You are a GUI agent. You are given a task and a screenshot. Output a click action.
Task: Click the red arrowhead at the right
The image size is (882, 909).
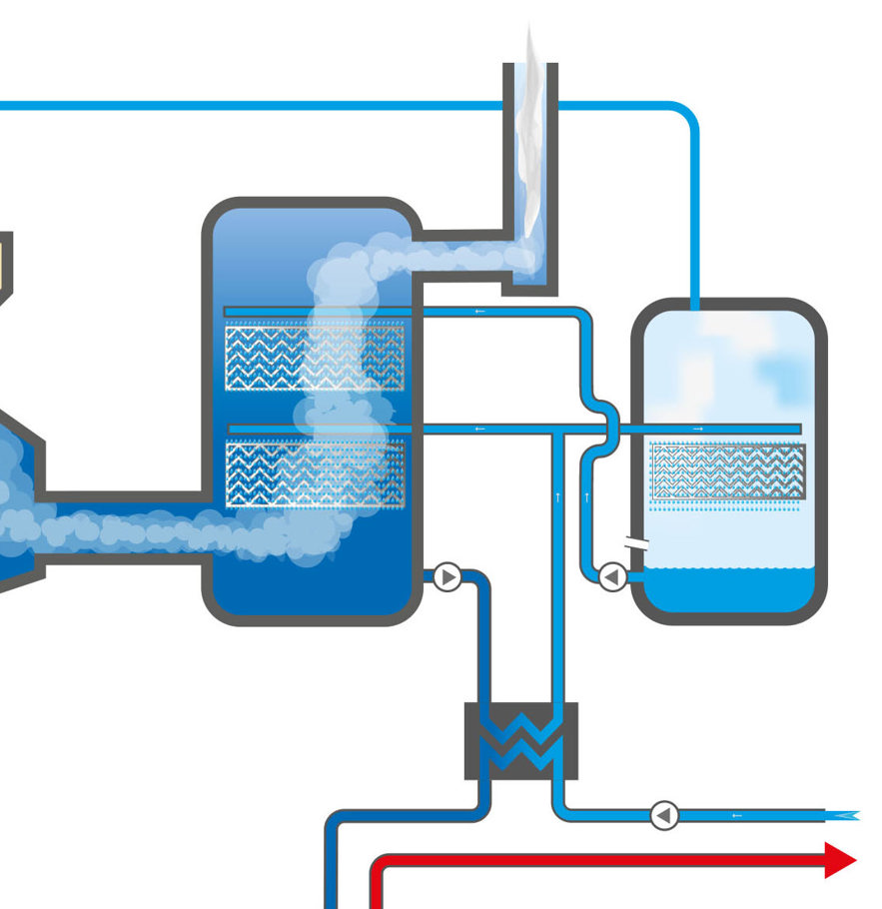[841, 859]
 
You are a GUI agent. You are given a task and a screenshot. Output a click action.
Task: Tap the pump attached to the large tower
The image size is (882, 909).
[446, 577]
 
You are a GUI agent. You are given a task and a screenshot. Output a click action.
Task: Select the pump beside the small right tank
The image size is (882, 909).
[612, 576]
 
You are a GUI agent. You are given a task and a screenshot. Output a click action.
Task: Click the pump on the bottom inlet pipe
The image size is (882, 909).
[664, 815]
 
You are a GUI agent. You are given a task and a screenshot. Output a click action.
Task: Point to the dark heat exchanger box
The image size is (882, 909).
[521, 741]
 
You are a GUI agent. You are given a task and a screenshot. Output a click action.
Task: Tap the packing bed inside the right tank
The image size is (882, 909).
[727, 470]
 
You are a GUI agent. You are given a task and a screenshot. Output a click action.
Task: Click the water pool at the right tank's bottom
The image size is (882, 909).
[727, 590]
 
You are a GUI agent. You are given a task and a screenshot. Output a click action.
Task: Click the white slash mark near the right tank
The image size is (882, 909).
[635, 545]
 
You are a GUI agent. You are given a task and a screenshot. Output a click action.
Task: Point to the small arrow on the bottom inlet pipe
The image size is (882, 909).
[737, 815]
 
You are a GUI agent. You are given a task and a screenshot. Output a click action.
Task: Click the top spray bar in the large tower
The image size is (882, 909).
[315, 312]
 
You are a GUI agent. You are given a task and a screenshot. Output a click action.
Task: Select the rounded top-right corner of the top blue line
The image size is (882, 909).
[687, 114]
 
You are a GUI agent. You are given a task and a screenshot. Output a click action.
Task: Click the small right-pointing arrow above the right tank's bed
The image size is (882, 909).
[697, 429]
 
